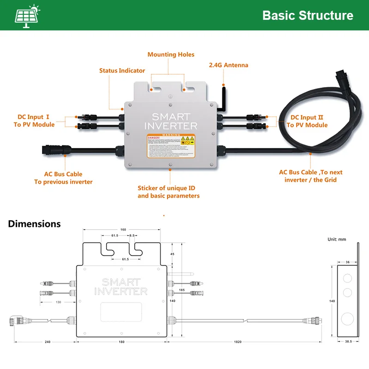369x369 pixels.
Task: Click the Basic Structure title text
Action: [x=308, y=15]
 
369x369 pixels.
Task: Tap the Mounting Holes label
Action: [x=171, y=54]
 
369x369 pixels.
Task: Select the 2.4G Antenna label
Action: [x=229, y=65]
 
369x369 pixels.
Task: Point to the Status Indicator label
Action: [x=122, y=71]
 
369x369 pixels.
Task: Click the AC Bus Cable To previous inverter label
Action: [x=63, y=178]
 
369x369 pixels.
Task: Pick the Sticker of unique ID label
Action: [x=168, y=192]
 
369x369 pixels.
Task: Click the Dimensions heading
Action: [x=34, y=224]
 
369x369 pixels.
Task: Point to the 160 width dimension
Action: [x=123, y=229]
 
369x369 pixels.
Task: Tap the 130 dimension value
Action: [x=58, y=302]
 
